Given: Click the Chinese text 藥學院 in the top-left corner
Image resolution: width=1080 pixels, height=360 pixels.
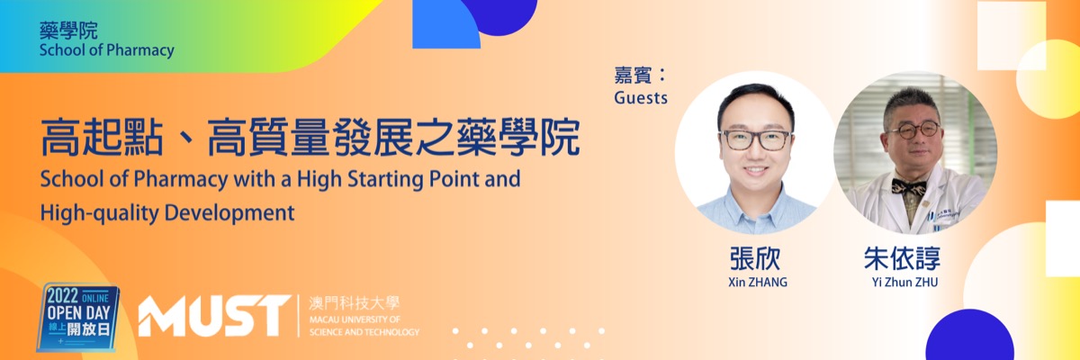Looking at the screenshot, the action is [68, 31].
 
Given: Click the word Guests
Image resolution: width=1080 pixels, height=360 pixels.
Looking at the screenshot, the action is [641, 98].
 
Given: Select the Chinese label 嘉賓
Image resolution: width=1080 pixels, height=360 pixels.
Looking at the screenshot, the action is [633, 76].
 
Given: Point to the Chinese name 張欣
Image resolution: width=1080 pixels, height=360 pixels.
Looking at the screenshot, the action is [755, 259].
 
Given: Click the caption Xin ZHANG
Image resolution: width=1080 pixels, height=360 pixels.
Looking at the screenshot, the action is [758, 282].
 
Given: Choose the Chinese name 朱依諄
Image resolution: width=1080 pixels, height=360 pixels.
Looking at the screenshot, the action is [902, 259].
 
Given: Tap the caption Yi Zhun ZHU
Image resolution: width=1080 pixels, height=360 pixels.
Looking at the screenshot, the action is [904, 282].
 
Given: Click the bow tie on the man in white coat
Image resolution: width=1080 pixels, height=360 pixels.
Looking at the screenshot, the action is [909, 185].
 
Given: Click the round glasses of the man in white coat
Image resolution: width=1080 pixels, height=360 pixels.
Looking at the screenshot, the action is [914, 130].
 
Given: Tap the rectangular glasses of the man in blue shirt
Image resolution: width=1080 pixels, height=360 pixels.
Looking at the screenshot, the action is [755, 140].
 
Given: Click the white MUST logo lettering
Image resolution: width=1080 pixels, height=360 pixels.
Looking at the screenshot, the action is [214, 316].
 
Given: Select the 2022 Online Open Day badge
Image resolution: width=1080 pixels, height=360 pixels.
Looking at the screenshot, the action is [78, 316].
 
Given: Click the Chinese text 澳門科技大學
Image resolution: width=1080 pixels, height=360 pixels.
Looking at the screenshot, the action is [354, 303].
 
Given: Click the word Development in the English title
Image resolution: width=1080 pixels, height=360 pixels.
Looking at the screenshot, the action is [229, 212].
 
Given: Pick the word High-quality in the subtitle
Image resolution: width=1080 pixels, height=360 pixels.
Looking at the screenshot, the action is [99, 213].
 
